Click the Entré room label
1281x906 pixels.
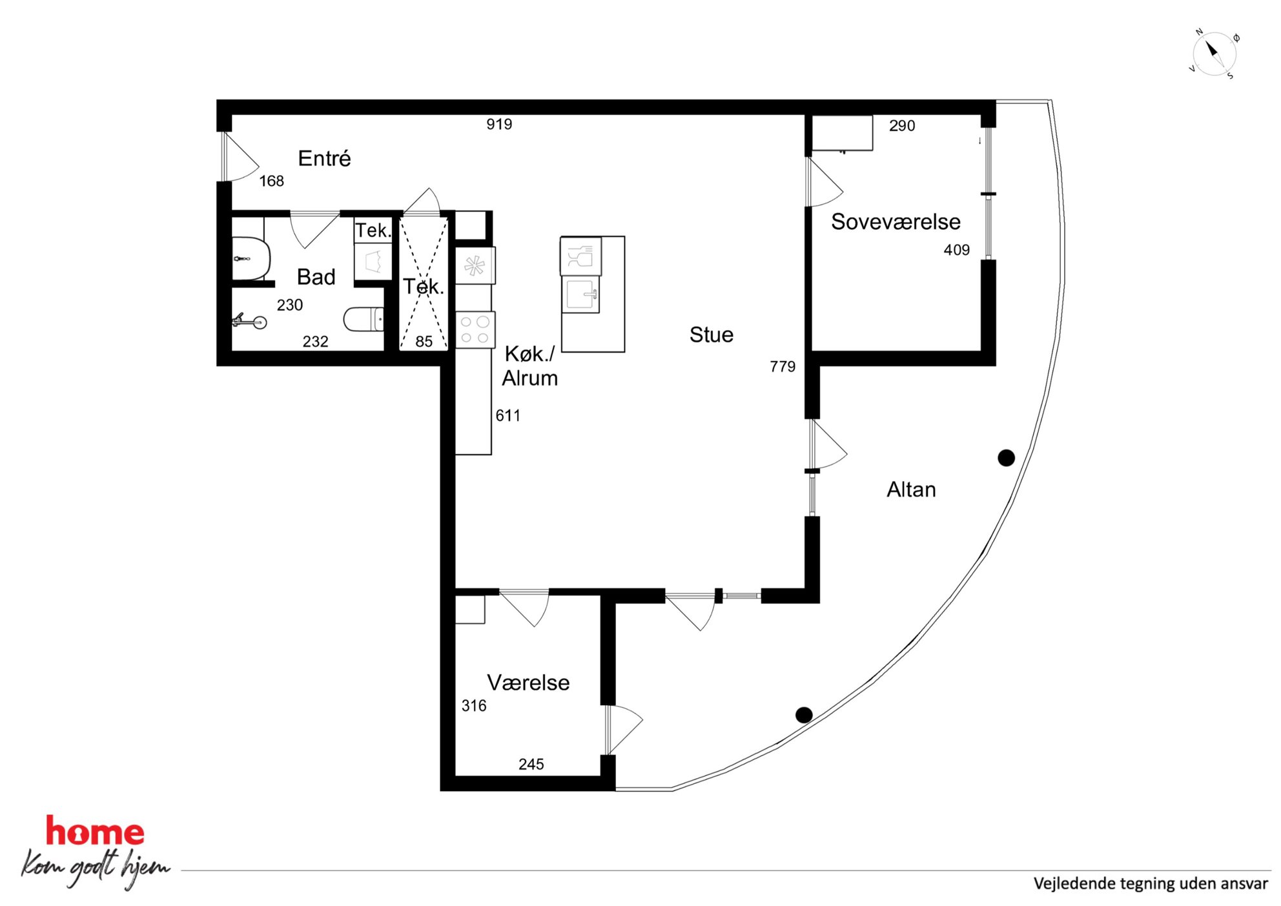click(x=324, y=158)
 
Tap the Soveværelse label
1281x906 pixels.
click(x=896, y=221)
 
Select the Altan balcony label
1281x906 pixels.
click(x=911, y=489)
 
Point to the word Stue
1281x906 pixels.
click(x=711, y=335)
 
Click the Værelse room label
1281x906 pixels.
click(x=528, y=683)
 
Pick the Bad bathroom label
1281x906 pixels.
click(x=316, y=277)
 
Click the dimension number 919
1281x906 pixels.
click(x=499, y=124)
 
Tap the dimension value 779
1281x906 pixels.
click(x=783, y=367)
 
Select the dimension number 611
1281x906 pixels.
click(x=507, y=416)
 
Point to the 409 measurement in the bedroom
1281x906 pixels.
click(x=956, y=250)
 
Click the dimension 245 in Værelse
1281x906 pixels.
click(x=531, y=765)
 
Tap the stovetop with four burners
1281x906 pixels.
click(x=475, y=330)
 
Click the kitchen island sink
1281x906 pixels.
click(x=581, y=295)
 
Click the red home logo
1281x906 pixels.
click(x=95, y=832)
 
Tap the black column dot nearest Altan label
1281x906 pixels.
click(x=1006, y=458)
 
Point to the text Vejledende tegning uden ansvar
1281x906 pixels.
click(x=1151, y=883)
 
